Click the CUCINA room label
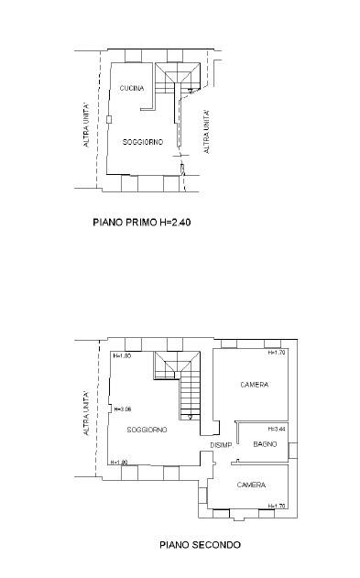point(132,88)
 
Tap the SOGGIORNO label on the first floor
point(143,142)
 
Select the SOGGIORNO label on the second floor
point(147,430)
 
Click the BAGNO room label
point(265,444)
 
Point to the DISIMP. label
point(221,445)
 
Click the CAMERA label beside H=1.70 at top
point(255,385)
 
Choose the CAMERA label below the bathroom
point(251,485)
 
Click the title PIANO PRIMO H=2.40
point(142,223)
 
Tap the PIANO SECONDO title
point(200,544)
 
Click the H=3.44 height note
point(277,429)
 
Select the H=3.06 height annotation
point(123,409)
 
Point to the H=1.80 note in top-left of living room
point(122,356)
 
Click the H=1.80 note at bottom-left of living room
point(119,463)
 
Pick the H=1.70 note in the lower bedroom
point(277,506)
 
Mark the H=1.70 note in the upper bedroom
point(277,353)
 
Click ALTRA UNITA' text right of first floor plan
point(207,132)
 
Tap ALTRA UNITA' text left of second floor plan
point(86,413)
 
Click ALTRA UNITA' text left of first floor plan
point(86,125)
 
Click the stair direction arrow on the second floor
point(190,417)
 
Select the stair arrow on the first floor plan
point(191,91)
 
